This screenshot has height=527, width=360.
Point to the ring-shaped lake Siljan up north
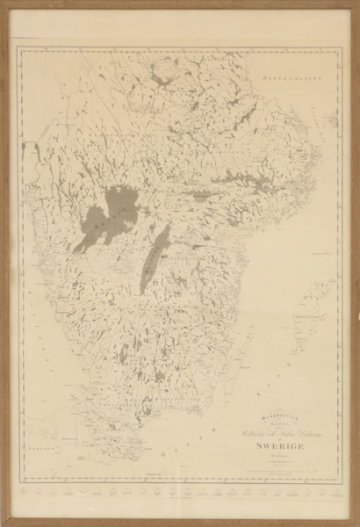coord(162,84)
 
